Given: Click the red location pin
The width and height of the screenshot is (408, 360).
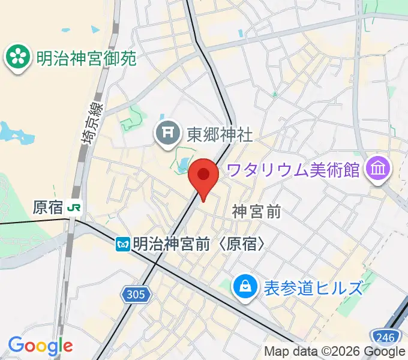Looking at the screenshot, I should [x=203, y=176].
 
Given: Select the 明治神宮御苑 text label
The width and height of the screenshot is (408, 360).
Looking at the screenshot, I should [x=86, y=58].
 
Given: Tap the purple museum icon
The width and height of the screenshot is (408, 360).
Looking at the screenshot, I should [x=379, y=169].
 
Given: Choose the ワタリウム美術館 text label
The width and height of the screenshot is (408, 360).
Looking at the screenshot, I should [x=293, y=170].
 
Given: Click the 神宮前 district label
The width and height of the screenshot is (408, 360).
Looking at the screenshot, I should [x=257, y=211].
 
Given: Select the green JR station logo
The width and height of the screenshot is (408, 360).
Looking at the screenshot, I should [x=75, y=208].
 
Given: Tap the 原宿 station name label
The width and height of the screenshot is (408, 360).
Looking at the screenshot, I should [x=47, y=208].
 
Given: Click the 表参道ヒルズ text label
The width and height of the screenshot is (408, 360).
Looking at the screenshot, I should [x=313, y=287].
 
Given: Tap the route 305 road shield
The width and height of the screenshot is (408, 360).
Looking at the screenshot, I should [x=136, y=294].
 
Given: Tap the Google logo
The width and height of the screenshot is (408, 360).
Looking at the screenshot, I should [x=40, y=346].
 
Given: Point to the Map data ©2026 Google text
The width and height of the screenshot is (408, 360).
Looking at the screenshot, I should [x=334, y=352].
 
